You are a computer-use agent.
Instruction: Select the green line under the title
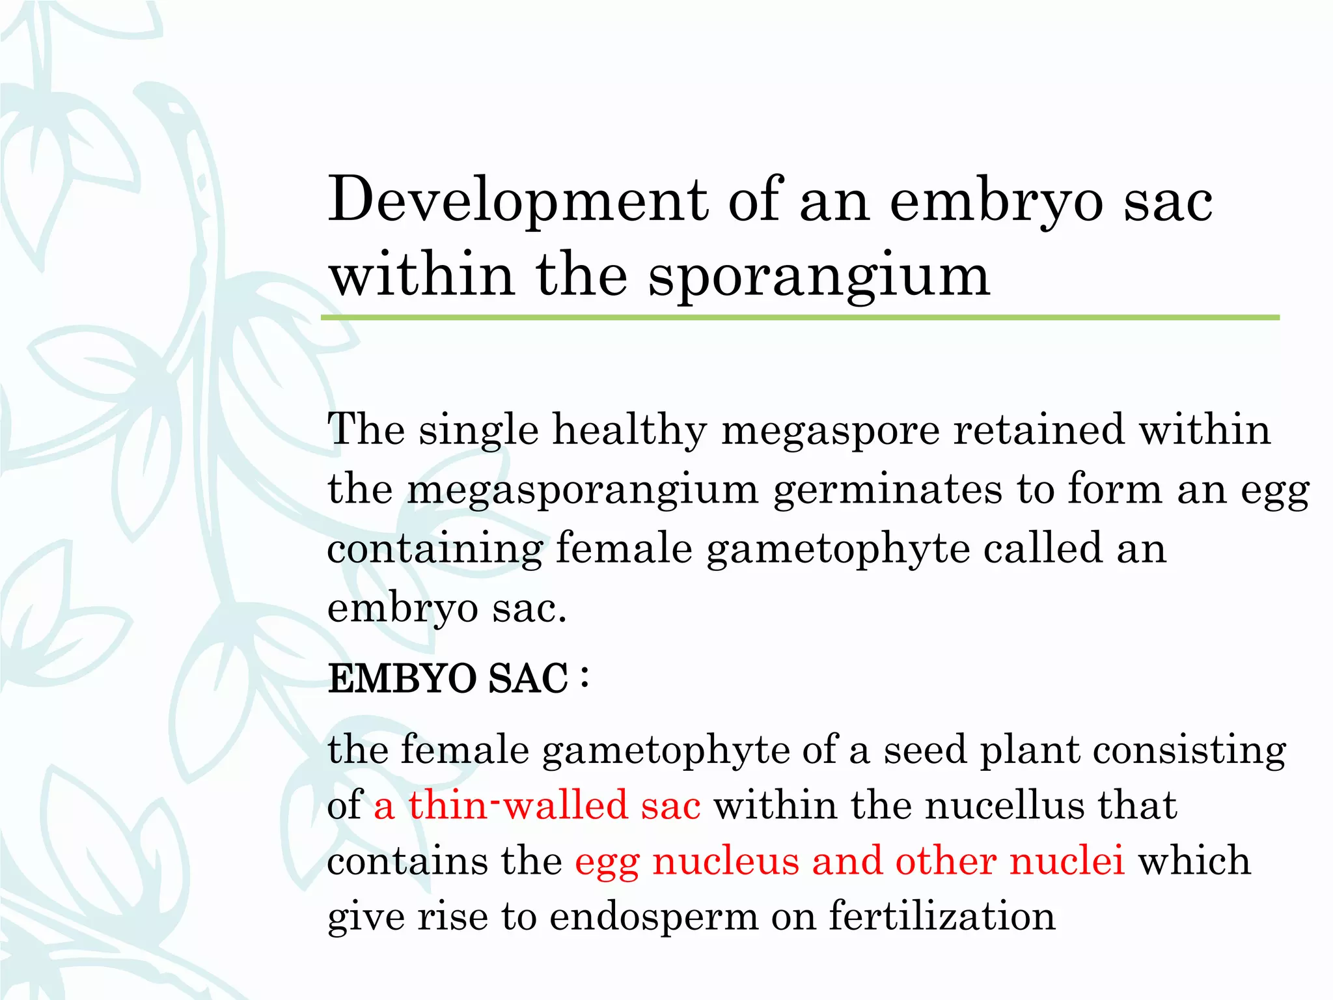point(800,318)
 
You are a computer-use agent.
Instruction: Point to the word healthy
point(629,431)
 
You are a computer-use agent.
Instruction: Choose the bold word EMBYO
point(402,679)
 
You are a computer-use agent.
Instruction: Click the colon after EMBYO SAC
point(584,677)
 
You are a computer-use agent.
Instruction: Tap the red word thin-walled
point(517,805)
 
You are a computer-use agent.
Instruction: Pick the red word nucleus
point(725,861)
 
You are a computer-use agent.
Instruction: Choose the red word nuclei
point(1067,861)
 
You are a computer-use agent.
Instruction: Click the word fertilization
point(942,917)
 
